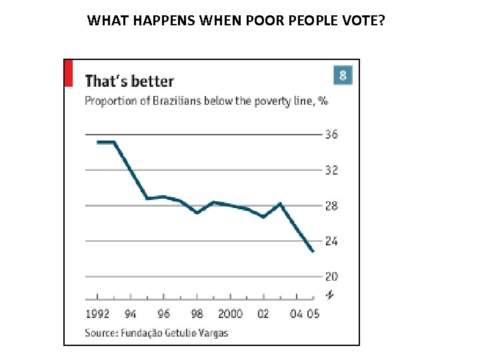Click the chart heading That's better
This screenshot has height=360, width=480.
tap(129, 81)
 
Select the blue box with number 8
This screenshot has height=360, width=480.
tap(342, 75)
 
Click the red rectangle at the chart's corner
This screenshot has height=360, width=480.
tap(68, 73)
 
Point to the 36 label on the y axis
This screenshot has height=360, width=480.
tap(331, 135)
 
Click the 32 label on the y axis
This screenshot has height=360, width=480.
tap(331, 170)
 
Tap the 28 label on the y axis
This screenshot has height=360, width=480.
tap(331, 206)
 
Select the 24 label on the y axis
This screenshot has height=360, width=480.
tap(331, 241)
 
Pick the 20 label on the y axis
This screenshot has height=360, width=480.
tap(331, 277)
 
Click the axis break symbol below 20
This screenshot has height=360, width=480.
tap(329, 294)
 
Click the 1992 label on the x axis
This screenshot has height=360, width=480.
tap(98, 313)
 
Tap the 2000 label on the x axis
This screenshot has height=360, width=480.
tap(230, 313)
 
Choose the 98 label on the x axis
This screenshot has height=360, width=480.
tap(197, 313)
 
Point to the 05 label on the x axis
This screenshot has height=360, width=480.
tap(313, 313)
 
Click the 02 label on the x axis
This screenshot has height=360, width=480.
tap(263, 313)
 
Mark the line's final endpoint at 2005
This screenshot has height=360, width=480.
tap(313, 251)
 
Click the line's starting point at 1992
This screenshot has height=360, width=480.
tap(98, 142)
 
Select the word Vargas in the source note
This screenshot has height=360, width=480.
tap(213, 332)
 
